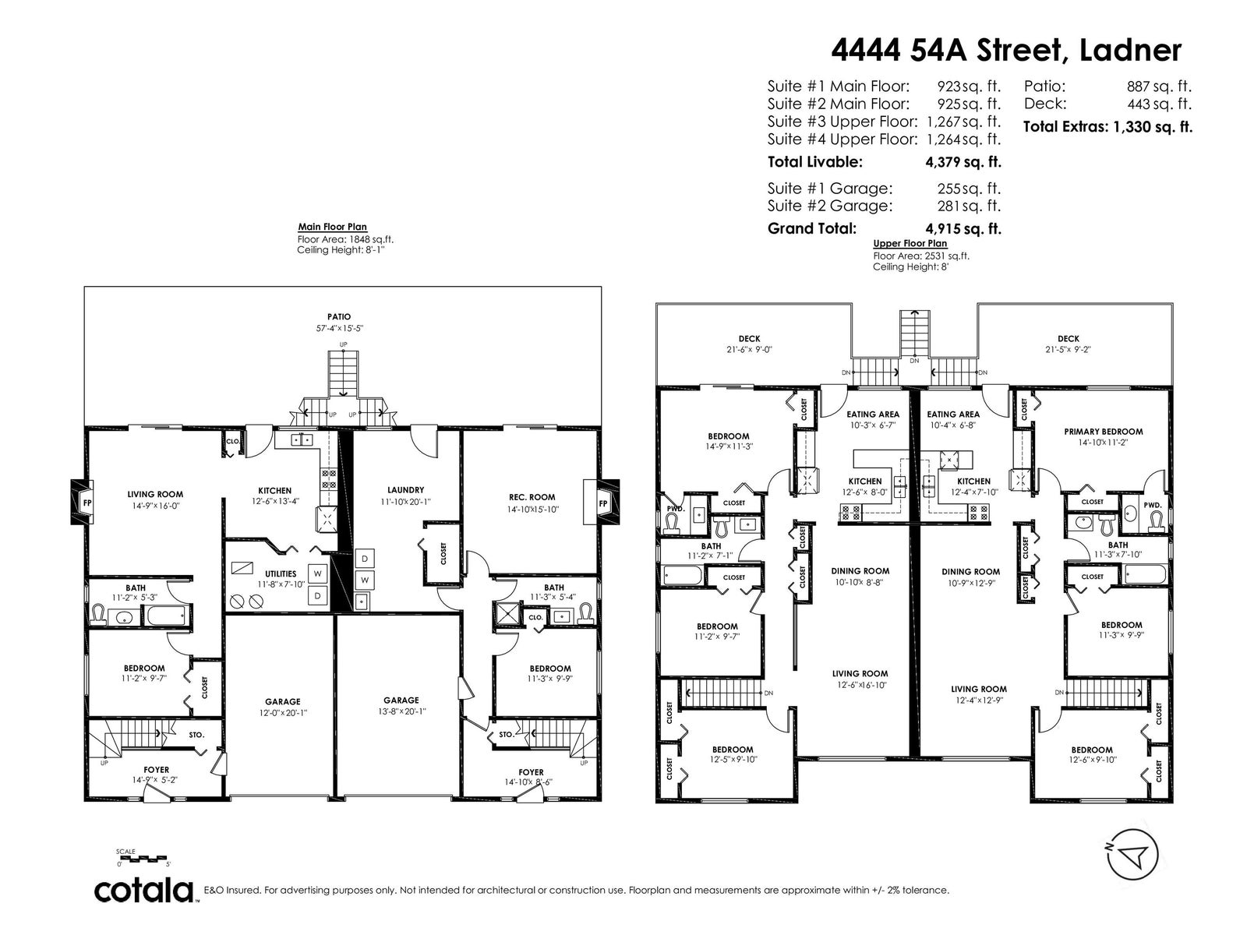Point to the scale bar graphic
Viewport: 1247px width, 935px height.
point(142,858)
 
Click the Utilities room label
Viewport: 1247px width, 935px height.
point(281,573)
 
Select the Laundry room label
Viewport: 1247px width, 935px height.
point(405,490)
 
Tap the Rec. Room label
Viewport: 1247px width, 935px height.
point(532,497)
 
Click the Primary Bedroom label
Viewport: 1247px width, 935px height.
point(1104,432)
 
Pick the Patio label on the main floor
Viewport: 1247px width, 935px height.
point(339,317)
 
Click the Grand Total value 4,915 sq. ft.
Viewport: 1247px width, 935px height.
point(963,229)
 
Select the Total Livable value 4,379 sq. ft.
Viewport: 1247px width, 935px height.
point(963,162)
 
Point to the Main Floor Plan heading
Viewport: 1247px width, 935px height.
point(332,227)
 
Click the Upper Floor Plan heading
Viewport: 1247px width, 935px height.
point(910,244)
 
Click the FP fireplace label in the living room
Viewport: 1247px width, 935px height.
point(87,503)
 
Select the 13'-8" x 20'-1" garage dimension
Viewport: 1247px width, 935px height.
point(401,711)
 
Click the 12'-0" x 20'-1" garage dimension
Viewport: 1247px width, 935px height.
point(282,712)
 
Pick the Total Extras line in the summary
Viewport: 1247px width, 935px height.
point(1107,126)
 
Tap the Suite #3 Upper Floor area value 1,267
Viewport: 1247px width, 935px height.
point(943,122)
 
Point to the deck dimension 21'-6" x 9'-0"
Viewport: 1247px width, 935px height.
point(749,350)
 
